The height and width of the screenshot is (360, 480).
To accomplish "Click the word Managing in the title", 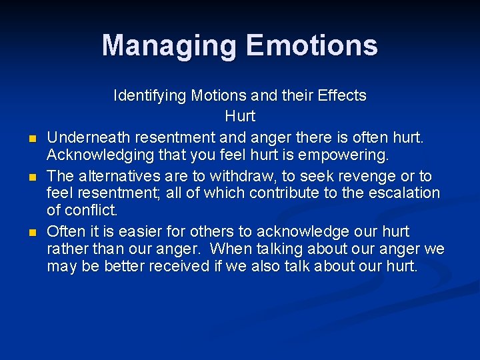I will click(169, 46).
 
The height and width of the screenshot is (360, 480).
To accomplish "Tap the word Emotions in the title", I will click(311, 46).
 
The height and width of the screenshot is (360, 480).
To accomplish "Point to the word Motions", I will click(217, 96).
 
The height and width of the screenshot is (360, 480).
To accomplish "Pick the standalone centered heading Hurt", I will click(240, 116).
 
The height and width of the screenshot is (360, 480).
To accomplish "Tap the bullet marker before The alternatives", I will click(32, 178).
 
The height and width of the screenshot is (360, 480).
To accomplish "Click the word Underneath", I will click(89, 138).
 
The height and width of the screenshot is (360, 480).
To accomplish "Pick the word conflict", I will click(91, 211).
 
